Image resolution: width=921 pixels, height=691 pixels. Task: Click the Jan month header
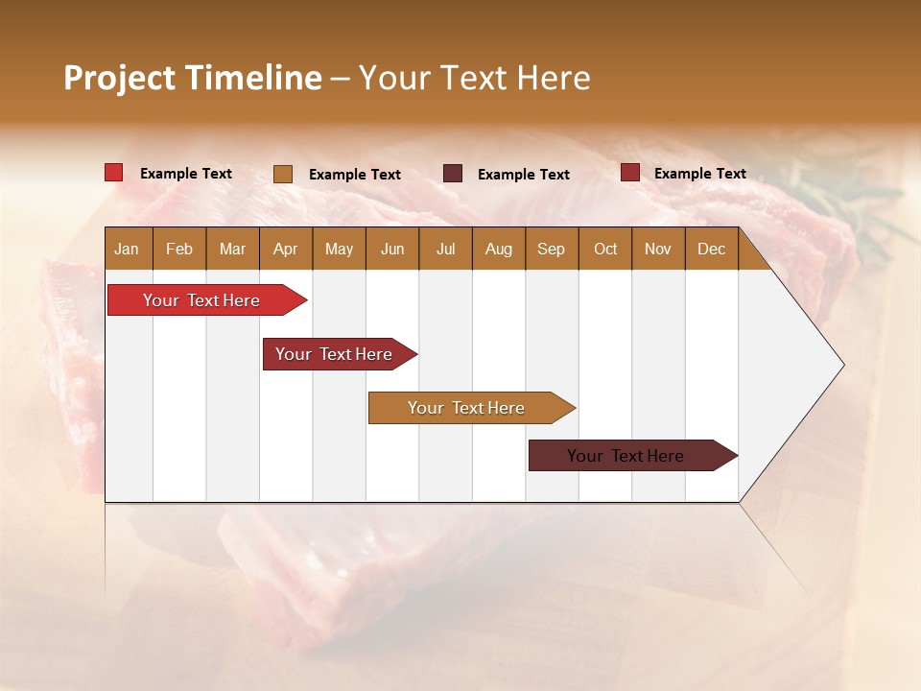(128, 249)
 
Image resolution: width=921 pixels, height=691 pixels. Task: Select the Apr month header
(286, 249)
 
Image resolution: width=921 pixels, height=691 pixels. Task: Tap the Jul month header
(445, 249)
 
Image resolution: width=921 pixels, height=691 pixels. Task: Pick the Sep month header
(552, 249)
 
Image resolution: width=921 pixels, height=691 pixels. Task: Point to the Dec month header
(711, 249)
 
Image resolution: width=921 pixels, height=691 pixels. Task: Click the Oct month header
(605, 249)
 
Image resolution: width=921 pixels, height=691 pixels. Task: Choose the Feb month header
(179, 249)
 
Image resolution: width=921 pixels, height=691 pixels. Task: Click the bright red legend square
(114, 173)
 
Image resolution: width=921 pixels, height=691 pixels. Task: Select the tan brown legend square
(283, 174)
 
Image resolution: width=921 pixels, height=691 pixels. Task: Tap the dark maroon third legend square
(453, 174)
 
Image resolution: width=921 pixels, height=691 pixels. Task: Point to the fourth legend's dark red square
(630, 173)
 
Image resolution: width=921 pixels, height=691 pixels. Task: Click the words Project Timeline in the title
(193, 78)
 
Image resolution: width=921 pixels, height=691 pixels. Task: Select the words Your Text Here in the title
(474, 78)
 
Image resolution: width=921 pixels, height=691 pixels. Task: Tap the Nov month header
(658, 249)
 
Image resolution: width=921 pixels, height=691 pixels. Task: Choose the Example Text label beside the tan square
(355, 175)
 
